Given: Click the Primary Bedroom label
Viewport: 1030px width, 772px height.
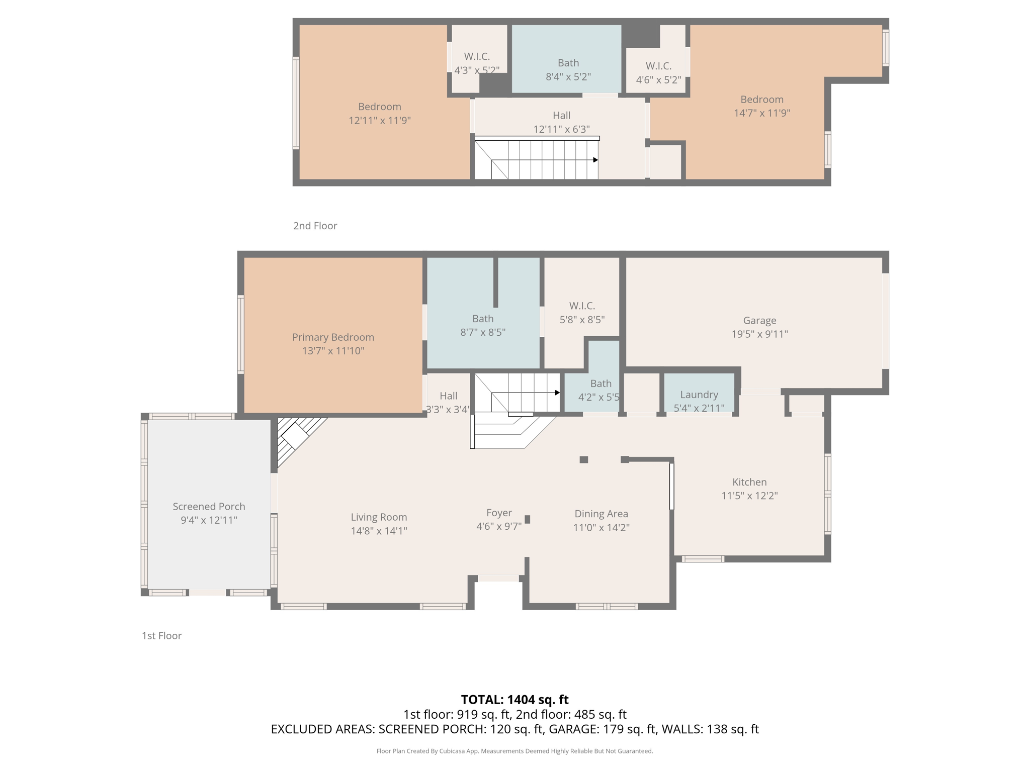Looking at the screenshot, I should [333, 337].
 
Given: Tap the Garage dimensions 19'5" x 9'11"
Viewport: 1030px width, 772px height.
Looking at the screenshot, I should [759, 334].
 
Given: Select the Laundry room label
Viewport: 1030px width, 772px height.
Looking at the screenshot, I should [699, 395].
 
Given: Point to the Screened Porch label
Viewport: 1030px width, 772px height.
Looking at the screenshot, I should [209, 507].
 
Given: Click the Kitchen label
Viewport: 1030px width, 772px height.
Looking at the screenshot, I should [749, 482].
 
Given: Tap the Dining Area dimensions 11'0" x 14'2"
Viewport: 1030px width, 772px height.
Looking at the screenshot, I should [602, 528].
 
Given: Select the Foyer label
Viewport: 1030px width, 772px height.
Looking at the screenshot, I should [499, 513].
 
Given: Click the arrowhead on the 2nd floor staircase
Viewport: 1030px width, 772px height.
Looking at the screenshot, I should [595, 160].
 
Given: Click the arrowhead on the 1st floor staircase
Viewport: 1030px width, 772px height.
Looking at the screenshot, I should [557, 393].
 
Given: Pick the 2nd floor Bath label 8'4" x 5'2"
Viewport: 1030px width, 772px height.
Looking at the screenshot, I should [568, 63].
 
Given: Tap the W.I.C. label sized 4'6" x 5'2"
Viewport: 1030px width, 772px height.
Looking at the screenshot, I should [658, 66].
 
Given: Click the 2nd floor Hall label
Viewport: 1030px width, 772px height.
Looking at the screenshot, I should [561, 115].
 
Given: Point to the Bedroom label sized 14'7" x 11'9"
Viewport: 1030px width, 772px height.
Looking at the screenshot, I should [761, 100].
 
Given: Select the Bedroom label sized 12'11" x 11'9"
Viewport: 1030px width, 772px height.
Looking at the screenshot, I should [380, 107].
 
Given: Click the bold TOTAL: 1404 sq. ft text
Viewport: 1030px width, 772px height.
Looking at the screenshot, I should [514, 700].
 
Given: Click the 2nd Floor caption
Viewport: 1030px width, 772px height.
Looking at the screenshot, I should [315, 226].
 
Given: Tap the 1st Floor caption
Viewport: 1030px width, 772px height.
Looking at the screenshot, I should [161, 636].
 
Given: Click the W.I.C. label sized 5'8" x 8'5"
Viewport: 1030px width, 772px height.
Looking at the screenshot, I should [582, 306].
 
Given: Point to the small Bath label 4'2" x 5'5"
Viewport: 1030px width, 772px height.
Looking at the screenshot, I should [600, 383].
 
